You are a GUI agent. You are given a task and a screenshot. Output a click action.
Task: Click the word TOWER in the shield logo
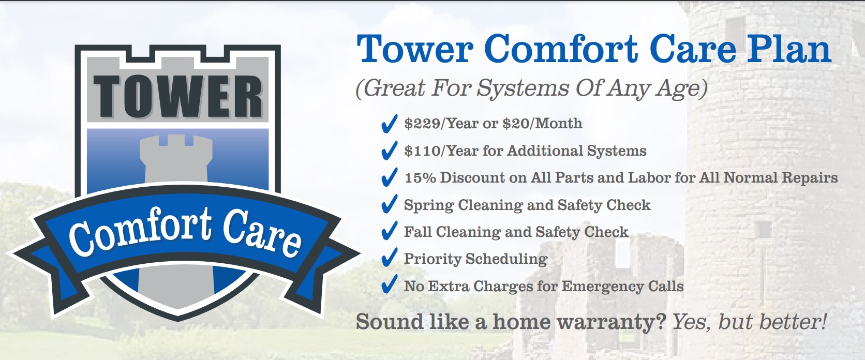tap(177, 96)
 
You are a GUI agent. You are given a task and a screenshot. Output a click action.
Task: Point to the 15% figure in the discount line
tap(420, 178)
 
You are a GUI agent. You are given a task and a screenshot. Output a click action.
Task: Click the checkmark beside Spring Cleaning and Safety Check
tap(389, 204)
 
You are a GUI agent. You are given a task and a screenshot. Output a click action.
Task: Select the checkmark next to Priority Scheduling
tap(389, 258)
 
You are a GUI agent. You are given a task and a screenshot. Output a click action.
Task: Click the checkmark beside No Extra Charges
tap(389, 285)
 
